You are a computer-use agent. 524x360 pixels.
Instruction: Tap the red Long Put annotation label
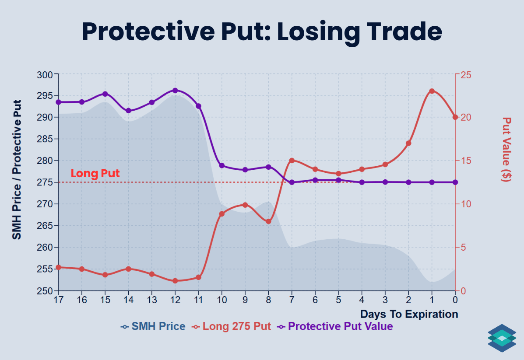click(95, 174)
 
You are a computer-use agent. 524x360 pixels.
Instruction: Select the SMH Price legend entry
click(153, 326)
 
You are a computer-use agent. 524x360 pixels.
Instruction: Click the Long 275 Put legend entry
click(232, 326)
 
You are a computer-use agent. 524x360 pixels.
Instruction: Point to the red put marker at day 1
click(432, 91)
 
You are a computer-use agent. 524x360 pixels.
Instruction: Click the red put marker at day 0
click(455, 117)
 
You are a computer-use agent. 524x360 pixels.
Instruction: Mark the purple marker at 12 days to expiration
click(175, 91)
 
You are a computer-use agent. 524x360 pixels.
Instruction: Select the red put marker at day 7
click(292, 161)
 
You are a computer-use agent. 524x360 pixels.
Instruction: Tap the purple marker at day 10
click(222, 166)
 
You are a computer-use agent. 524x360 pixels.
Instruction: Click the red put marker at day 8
click(268, 221)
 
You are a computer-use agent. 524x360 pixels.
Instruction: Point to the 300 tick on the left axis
click(46, 75)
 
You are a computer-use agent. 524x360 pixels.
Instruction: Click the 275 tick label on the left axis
click(46, 182)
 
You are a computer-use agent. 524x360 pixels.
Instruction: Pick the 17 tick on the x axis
click(58, 300)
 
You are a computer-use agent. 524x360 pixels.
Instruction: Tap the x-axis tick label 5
click(338, 300)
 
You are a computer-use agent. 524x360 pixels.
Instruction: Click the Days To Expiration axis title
click(409, 314)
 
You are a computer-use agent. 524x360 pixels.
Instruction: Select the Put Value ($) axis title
click(507, 149)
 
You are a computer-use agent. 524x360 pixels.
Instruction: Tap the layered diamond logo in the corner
click(502, 338)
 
